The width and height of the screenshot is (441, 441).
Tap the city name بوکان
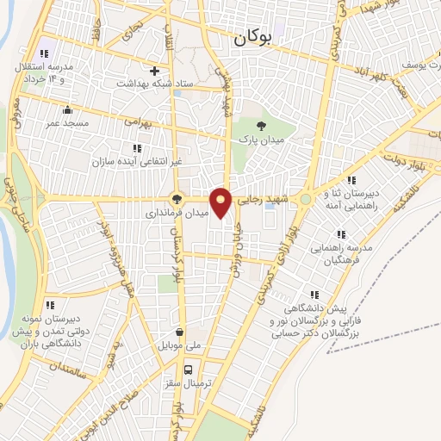pos(252,38)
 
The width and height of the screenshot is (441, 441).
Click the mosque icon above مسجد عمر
pos(67,109)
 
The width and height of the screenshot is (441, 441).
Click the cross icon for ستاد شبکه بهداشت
pos(155,71)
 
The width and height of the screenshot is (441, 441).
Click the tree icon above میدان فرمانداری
pos(177,198)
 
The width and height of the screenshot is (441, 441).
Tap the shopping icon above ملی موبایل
pos(179,332)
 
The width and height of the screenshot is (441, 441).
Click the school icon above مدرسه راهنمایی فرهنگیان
pos(342,233)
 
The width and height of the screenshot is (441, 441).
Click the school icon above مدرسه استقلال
pos(44,53)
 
